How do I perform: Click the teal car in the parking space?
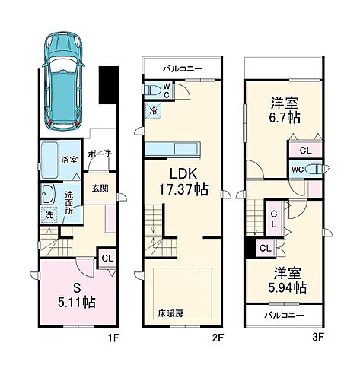coord(65,76)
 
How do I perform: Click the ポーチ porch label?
coord(99,154)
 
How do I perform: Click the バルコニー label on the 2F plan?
coord(182,68)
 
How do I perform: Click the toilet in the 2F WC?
coord(155,89)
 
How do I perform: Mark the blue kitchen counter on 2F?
coord(172,148)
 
